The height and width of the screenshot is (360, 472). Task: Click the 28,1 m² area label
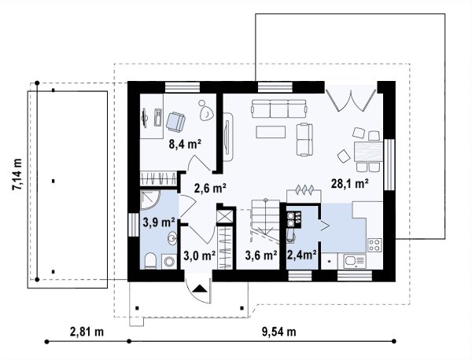click(350, 183)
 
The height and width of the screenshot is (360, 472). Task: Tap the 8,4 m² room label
click(185, 145)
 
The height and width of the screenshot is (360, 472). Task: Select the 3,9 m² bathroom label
click(159, 222)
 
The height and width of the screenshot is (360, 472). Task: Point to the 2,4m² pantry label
click(301, 255)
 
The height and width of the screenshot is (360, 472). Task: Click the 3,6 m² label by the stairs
click(261, 255)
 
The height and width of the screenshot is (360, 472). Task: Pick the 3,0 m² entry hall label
click(200, 255)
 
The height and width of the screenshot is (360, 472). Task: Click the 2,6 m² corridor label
click(210, 189)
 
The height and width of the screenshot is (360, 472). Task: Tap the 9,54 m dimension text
click(279, 332)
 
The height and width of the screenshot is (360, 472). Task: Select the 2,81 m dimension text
click(87, 332)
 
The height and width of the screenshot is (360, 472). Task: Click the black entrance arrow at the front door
click(199, 289)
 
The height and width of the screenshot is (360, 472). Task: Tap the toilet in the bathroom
click(150, 261)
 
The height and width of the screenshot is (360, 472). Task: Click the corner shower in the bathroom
click(151, 199)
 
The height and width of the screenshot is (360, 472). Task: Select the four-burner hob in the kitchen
click(374, 244)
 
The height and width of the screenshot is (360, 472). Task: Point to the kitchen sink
click(355, 261)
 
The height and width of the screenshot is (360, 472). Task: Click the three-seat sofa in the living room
click(279, 109)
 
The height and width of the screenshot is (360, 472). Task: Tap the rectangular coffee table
click(271, 132)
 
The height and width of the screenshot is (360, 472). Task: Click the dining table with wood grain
click(369, 152)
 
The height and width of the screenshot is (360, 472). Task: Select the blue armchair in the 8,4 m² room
click(175, 121)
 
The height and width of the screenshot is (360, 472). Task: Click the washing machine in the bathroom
click(169, 261)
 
